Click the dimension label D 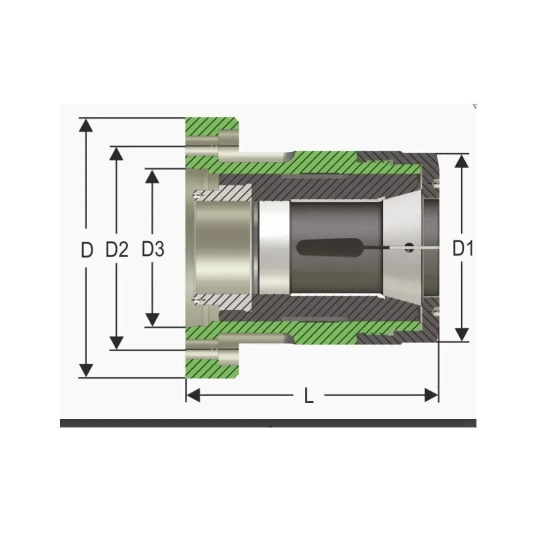coord(87,250)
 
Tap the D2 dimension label coord(117,249)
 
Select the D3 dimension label coord(153,249)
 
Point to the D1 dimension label coord(462,248)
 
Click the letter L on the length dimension coord(309,396)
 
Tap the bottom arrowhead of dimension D coord(86,370)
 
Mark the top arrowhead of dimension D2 coord(116,153)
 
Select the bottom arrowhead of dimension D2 coord(116,343)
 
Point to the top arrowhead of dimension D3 coord(152,176)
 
